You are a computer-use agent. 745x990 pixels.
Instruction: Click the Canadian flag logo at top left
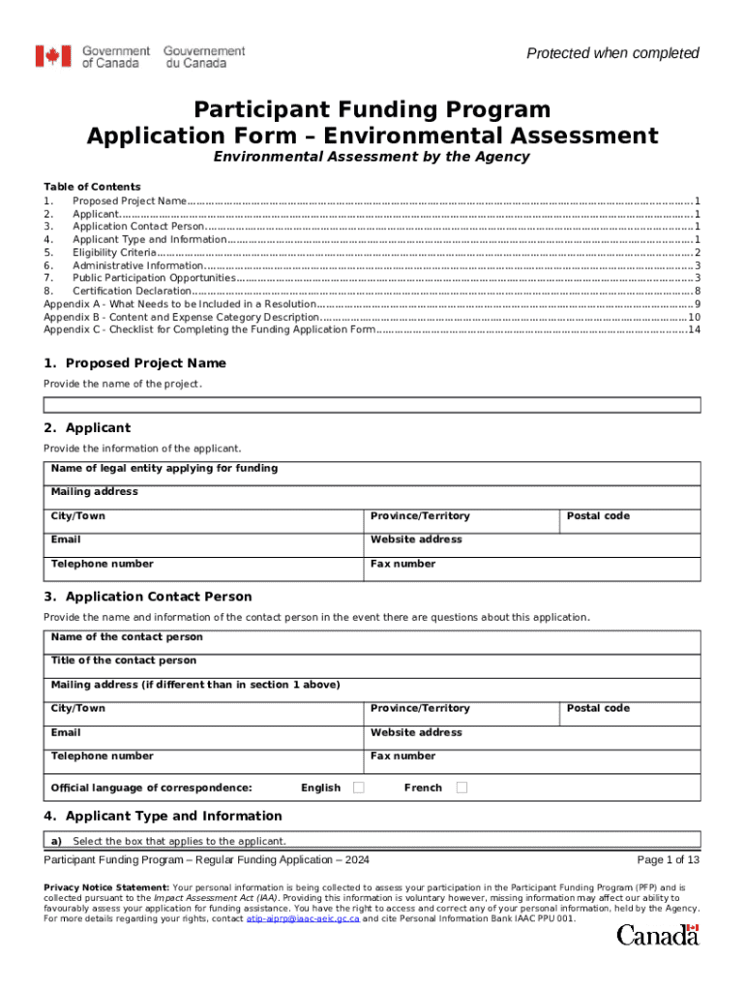click(x=53, y=57)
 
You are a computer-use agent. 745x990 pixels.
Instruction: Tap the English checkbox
click(x=359, y=788)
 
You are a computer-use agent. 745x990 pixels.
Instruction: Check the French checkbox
click(x=462, y=788)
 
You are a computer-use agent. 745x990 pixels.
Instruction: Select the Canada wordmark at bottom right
click(x=657, y=935)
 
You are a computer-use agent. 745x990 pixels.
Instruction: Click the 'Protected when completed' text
click(x=612, y=53)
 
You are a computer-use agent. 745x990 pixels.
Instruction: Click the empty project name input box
click(x=372, y=407)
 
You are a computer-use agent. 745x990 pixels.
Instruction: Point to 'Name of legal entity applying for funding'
click(x=164, y=468)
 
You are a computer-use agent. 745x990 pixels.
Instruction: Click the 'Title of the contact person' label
click(x=123, y=660)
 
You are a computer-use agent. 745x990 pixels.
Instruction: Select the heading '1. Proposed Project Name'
click(x=135, y=363)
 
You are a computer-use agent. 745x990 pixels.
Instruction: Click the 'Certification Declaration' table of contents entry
click(x=132, y=291)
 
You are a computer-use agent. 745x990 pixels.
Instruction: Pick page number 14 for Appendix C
click(x=693, y=330)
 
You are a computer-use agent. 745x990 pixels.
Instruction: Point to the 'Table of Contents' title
click(x=92, y=187)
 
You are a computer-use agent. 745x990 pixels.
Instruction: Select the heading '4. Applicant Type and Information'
click(x=163, y=815)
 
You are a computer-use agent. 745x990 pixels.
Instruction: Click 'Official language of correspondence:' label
click(x=151, y=788)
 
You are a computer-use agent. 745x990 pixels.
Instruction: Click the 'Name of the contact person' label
click(x=127, y=637)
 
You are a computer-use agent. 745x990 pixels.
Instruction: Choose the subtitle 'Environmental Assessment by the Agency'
click(x=372, y=157)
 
